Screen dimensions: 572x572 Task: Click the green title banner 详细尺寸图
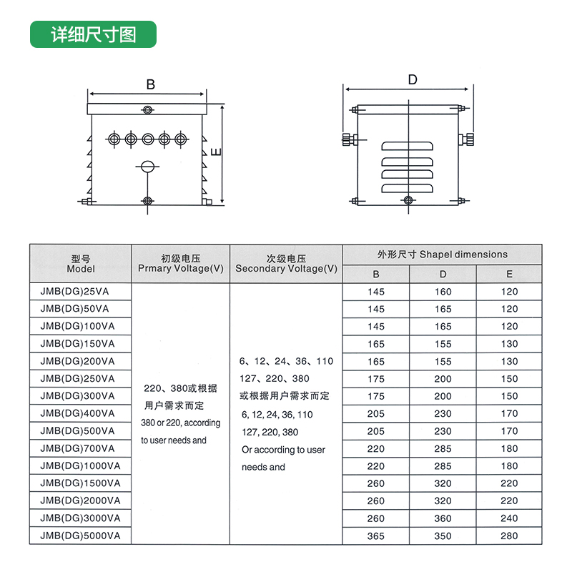click(93, 34)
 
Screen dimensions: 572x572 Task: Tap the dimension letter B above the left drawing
click(151, 84)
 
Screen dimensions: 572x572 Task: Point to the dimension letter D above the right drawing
click(413, 79)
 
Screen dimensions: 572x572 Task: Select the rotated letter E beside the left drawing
click(217, 152)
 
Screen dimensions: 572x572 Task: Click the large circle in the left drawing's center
click(147, 167)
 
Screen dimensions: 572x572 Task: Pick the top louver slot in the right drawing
click(407, 146)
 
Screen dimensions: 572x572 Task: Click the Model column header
click(81, 264)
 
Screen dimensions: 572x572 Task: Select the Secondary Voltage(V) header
click(287, 264)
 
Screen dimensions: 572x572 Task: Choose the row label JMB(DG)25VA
click(74, 292)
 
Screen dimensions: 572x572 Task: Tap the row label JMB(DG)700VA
click(77, 448)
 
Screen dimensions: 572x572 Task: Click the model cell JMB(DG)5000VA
click(80, 536)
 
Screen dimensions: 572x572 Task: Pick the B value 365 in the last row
click(376, 536)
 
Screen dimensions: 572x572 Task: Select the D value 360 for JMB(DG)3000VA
click(443, 518)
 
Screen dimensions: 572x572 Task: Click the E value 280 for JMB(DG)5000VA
click(509, 536)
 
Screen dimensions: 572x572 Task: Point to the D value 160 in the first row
click(443, 292)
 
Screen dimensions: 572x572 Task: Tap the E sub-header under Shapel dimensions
click(509, 274)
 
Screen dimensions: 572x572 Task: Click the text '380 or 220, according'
click(181, 423)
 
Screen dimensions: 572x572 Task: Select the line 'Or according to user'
click(283, 450)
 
